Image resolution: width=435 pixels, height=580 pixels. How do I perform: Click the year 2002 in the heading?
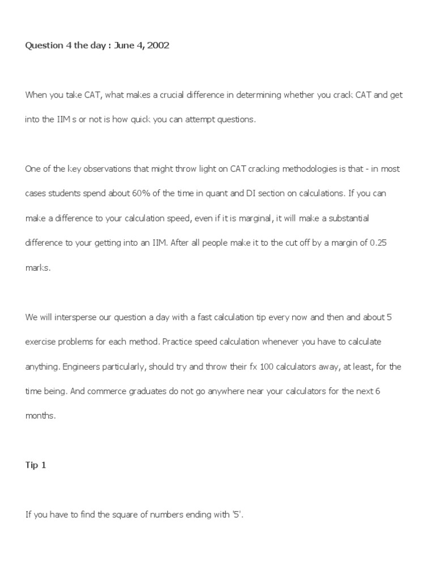pos(157,46)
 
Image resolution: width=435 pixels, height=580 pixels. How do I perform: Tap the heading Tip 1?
pos(36,465)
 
